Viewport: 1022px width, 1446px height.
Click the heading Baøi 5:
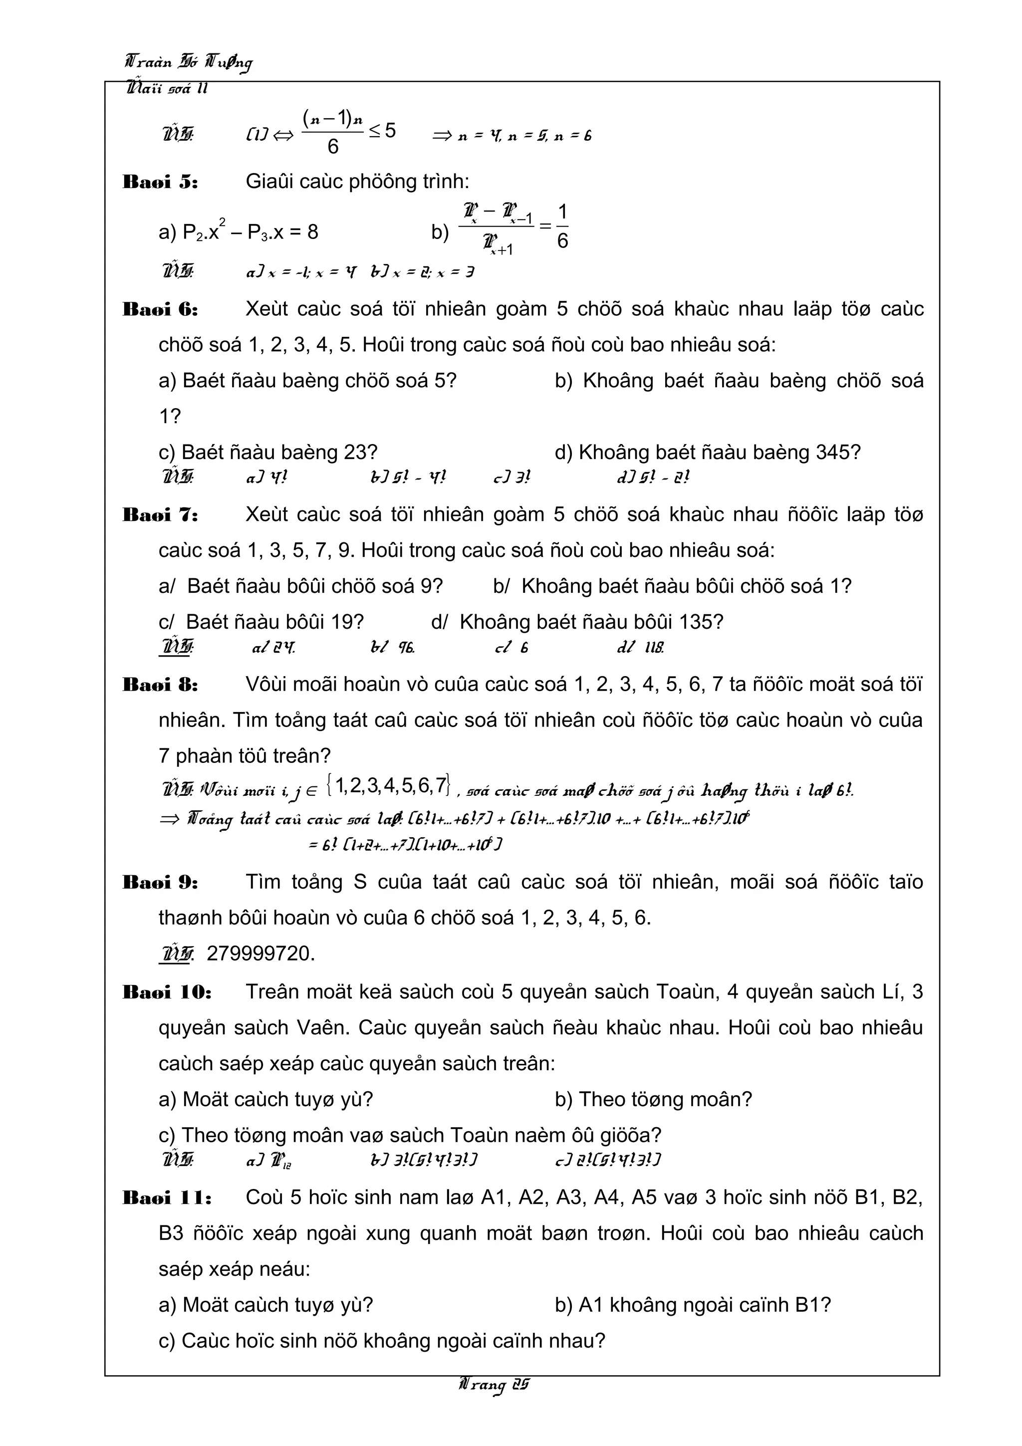pyautogui.click(x=160, y=183)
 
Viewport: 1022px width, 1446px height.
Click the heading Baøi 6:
pyautogui.click(x=160, y=310)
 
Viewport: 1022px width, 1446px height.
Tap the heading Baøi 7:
pyautogui.click(x=160, y=515)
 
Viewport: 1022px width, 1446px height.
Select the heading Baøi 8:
pyautogui.click(x=160, y=685)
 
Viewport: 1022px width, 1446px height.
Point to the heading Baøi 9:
pyautogui.click(x=160, y=882)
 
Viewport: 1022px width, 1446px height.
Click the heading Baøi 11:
pyautogui.click(x=167, y=1198)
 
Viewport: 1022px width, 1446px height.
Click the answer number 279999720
pyautogui.click(x=260, y=954)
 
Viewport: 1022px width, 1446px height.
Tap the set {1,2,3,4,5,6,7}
pyautogui.click(x=389, y=785)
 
